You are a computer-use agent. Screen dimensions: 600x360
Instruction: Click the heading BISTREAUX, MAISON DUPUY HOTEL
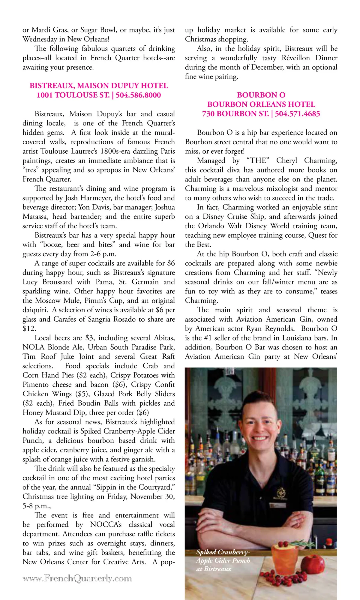(x=99, y=86)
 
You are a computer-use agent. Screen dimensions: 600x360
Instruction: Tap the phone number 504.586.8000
(x=138, y=95)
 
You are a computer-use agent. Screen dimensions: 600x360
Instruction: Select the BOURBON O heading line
(x=261, y=95)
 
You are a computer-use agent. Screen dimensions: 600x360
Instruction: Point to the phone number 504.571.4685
(x=297, y=114)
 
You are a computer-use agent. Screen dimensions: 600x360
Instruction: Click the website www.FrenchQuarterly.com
(x=77, y=578)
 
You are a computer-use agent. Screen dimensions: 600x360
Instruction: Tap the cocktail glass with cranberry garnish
(x=285, y=558)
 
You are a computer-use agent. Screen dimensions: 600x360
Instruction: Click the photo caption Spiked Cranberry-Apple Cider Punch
(x=223, y=560)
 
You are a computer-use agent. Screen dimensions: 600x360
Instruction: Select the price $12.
(x=29, y=328)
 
